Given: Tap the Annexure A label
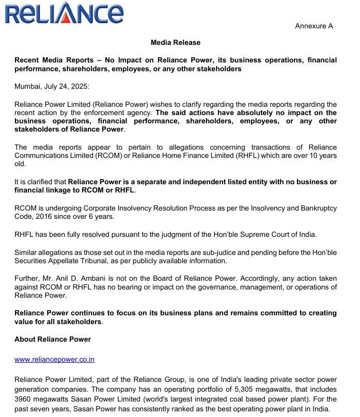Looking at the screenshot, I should (314, 26).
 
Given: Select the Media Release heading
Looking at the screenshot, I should (175, 42).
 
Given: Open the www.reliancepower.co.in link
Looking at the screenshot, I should (54, 359).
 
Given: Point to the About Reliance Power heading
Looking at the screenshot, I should (53, 339).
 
